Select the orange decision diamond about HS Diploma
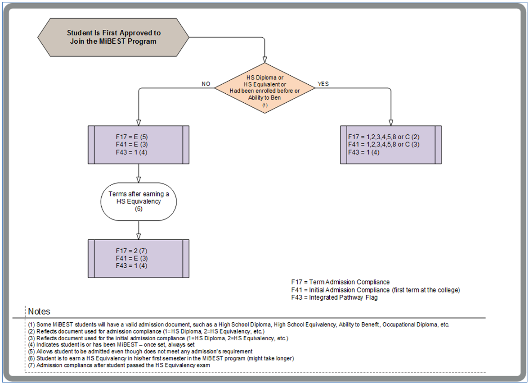(x=264, y=88)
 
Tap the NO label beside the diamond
(x=206, y=84)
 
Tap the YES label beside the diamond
(x=323, y=84)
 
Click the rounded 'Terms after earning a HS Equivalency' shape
(x=138, y=201)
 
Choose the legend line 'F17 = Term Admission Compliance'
(x=340, y=282)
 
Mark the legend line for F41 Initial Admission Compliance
(x=376, y=290)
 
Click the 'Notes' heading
(x=39, y=311)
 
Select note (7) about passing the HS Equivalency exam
(x=119, y=365)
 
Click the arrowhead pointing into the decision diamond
(x=264, y=59)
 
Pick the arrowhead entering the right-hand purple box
(x=390, y=122)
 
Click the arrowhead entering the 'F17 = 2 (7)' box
(x=138, y=236)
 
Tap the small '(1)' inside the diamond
(x=264, y=105)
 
